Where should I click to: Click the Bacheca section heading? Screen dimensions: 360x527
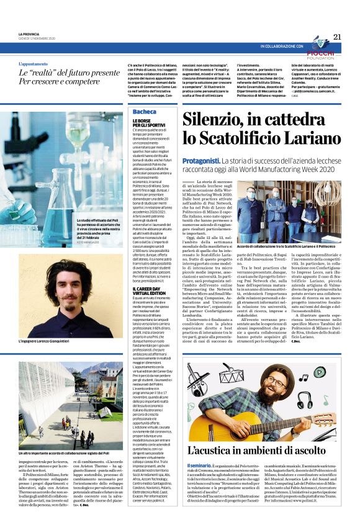click(x=145, y=112)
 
